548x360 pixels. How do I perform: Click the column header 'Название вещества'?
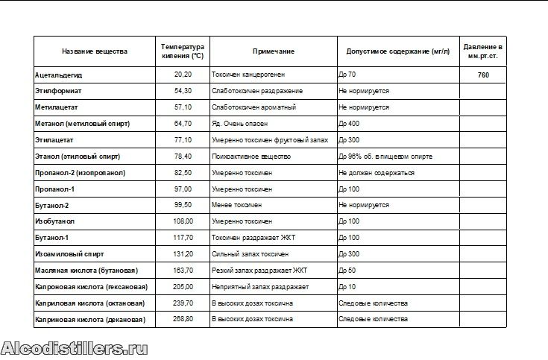click(94, 51)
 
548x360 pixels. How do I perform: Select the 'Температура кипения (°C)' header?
click(183, 51)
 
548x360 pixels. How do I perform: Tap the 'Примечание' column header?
click(273, 51)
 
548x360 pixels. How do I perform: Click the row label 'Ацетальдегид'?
click(59, 75)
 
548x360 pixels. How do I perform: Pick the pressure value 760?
click(483, 75)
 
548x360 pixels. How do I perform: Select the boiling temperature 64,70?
click(183, 124)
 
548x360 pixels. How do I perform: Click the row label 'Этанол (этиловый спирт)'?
click(78, 157)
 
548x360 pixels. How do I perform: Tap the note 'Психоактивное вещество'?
click(251, 157)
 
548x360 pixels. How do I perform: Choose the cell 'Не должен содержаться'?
click(376, 173)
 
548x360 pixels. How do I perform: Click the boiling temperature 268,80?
click(183, 319)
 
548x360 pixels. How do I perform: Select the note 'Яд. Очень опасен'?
click(240, 124)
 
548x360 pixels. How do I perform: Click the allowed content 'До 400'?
click(349, 124)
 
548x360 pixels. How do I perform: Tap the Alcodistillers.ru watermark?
click(75, 348)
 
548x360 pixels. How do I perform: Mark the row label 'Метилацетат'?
click(57, 107)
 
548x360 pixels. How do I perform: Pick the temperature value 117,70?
click(183, 238)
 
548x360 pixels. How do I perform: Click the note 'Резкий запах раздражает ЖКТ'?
click(259, 271)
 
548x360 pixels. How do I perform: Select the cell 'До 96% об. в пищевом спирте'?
click(385, 157)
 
